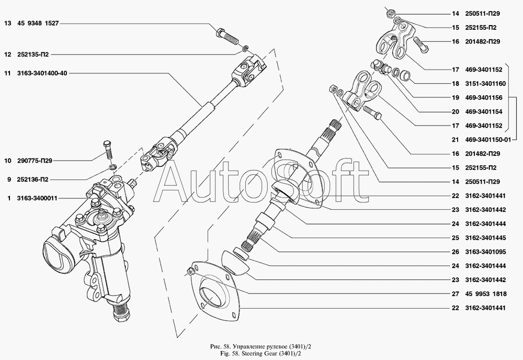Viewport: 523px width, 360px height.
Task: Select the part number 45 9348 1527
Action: [37, 24]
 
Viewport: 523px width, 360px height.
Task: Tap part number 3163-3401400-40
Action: [41, 73]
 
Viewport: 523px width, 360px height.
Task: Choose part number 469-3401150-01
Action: [485, 140]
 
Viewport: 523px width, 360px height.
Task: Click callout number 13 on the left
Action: [8, 24]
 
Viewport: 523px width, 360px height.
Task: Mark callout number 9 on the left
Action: [9, 179]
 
